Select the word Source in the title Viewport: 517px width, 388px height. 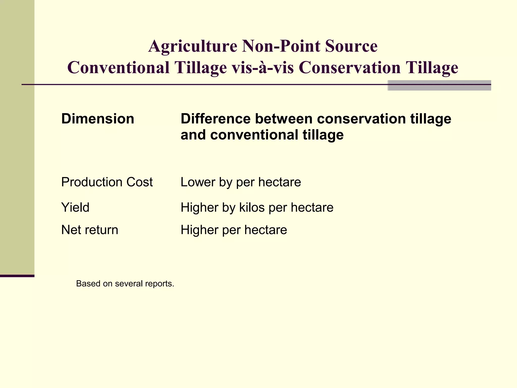tap(351, 46)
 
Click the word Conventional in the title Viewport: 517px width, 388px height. tap(118, 68)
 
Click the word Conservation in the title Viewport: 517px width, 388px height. tap(350, 68)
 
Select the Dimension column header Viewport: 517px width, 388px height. tap(98, 119)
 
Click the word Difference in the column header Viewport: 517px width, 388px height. tap(216, 119)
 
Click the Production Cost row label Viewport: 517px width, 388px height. tap(107, 182)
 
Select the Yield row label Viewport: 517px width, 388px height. tap(75, 208)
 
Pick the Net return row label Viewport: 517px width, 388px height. tap(90, 230)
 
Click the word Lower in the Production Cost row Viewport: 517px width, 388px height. tap(198, 182)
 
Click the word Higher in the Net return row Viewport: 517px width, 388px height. tap(199, 230)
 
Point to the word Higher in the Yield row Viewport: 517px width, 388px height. tap(199, 208)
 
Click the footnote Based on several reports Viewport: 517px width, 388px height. tap(125, 284)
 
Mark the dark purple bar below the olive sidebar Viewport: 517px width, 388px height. tap(17, 276)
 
